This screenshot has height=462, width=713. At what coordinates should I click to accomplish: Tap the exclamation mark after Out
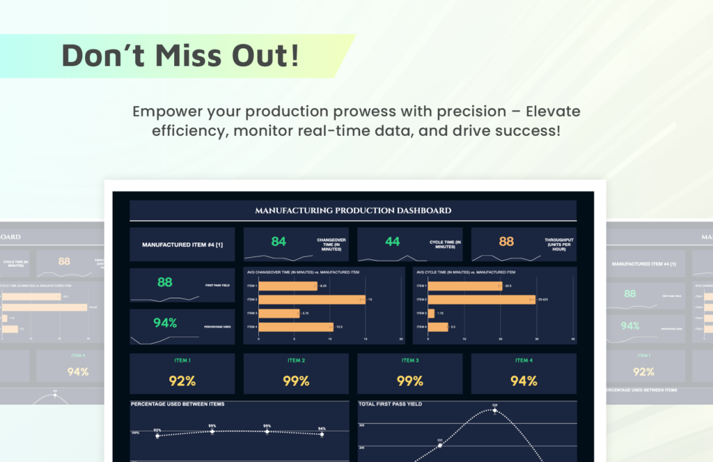pos(295,56)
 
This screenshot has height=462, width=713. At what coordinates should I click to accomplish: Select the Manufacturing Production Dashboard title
pos(353,210)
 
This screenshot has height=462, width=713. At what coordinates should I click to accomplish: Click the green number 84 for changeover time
pos(279,241)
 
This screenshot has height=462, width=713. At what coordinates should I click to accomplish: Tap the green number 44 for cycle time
pos(393,241)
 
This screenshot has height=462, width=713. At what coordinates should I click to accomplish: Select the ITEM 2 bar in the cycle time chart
pos(481,299)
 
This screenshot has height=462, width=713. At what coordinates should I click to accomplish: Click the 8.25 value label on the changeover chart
pos(324,286)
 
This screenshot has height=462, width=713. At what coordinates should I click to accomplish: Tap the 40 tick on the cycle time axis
pos(572,339)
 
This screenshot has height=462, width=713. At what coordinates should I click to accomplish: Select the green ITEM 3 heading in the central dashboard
pos(409,360)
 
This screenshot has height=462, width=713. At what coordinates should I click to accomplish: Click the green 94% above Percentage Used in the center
pos(165,323)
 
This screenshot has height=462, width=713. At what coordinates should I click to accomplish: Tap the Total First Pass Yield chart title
pos(391,404)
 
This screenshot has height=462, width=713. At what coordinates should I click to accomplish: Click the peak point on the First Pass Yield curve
pos(495,410)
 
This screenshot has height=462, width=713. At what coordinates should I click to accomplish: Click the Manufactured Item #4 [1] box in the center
pos(182,245)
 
